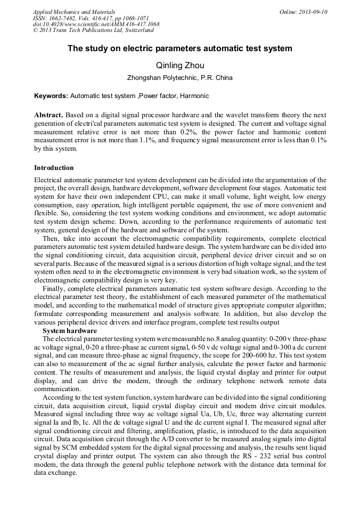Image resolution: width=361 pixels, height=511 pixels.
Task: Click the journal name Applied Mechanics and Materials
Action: coord(73,12)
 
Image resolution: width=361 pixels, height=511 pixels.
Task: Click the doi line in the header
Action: coord(96,25)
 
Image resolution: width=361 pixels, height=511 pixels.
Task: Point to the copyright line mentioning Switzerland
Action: coord(93,30)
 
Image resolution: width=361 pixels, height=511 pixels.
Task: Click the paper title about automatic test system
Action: coord(180,48)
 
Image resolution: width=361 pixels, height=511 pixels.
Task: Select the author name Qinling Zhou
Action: coord(180,66)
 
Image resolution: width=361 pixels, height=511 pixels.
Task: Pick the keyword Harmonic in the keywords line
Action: coord(194,96)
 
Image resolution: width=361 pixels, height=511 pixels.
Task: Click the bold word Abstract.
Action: coord(48,115)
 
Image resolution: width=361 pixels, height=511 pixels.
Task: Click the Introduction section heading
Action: coord(54,168)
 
